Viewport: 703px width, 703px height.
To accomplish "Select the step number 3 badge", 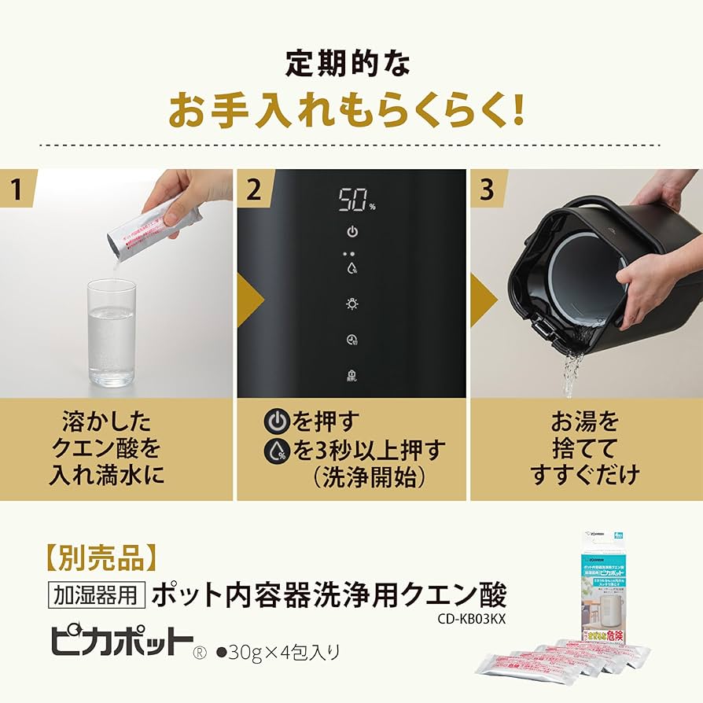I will pos(488,189).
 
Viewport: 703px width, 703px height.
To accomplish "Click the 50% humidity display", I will pos(355,200).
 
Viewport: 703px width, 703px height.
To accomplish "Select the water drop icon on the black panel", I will pos(352,267).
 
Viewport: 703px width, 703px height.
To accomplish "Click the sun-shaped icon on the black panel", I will pos(352,304).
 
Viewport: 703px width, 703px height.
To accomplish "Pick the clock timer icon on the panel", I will pos(352,340).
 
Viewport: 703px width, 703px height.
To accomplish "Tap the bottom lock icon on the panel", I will pos(352,375).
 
